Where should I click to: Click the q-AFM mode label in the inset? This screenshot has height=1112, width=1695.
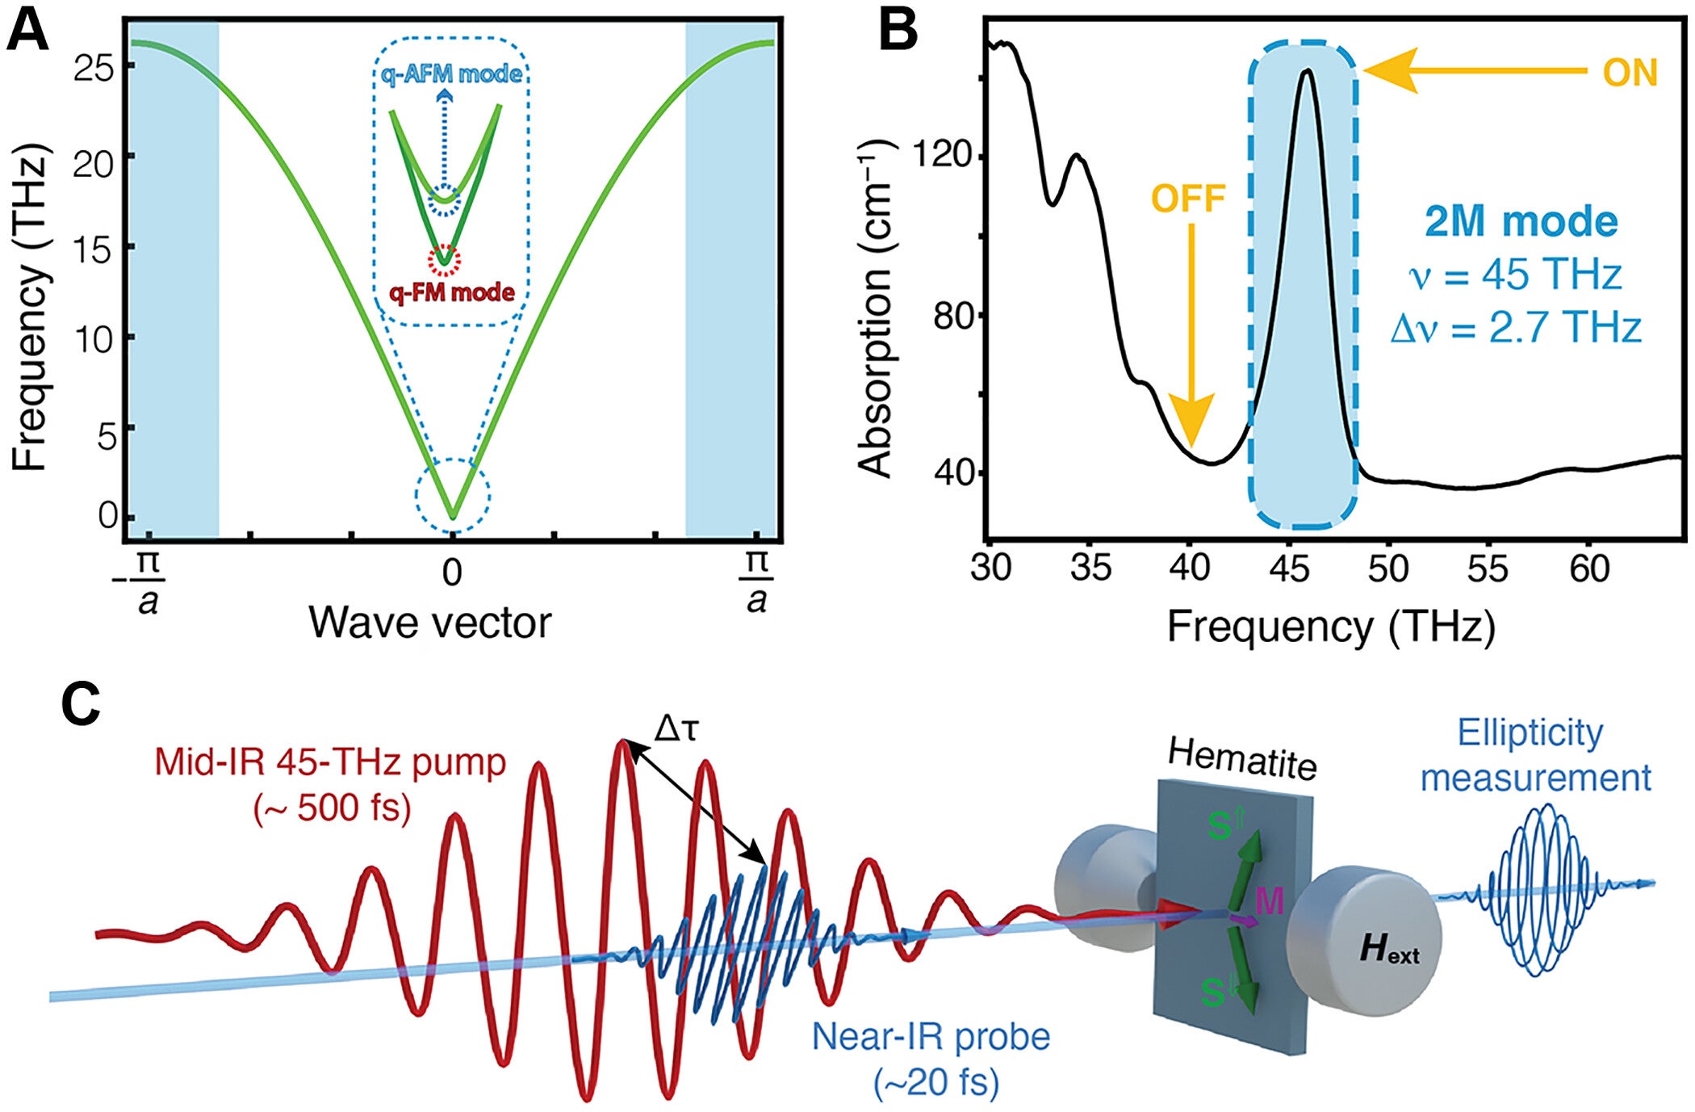pos(452,74)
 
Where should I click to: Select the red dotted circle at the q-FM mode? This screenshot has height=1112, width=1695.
pos(445,260)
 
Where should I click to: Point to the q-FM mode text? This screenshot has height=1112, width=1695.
pos(452,292)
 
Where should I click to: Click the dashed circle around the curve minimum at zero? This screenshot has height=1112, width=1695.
pos(453,495)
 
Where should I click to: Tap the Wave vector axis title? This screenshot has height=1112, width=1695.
pos(429,623)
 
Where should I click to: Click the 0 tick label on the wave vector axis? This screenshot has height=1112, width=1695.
pos(452,572)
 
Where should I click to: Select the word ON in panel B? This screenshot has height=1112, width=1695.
pos(1629,73)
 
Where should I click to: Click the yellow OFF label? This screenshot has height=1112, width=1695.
pos(1188,199)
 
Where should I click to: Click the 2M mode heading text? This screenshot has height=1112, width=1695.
pos(1521,221)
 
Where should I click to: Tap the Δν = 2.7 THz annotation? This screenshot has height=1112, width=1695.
pos(1516,329)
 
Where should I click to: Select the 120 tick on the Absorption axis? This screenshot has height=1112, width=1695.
pos(941,153)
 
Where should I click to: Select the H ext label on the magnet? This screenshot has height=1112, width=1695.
pos(1388,949)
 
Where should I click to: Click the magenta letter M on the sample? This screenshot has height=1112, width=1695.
pos(1269,900)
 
